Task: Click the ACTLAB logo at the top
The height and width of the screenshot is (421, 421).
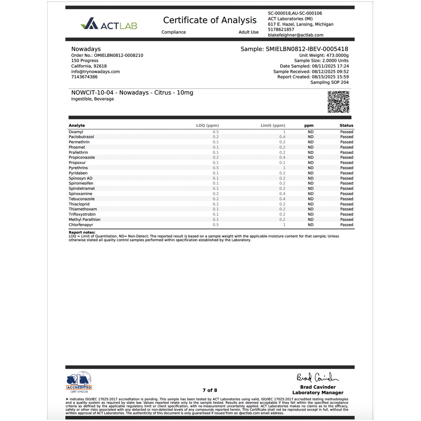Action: point(109,24)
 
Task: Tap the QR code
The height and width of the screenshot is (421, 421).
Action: point(338,102)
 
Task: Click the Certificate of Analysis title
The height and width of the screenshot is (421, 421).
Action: point(210,20)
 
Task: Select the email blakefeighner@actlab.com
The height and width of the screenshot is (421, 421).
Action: point(295,35)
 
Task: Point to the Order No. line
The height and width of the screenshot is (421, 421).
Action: point(107,55)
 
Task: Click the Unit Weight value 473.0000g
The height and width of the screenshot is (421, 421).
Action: point(337,55)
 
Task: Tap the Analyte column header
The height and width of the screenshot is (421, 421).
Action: point(77,126)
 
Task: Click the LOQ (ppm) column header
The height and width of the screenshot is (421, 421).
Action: point(207,126)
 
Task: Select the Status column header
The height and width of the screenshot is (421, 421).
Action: point(346,126)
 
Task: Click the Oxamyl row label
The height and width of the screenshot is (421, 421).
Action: point(76,132)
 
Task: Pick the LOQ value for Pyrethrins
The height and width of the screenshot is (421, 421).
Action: point(216,168)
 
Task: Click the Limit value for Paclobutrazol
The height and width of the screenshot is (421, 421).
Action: point(282,137)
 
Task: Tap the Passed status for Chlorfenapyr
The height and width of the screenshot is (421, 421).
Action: point(346,225)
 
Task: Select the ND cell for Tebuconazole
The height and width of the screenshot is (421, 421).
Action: point(311,199)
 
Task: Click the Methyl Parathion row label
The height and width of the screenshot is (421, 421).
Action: point(84,220)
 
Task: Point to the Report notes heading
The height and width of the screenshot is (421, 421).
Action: point(82,232)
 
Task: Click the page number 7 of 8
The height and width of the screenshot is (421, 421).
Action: point(210,390)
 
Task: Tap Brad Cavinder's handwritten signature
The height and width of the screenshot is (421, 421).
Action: point(317,378)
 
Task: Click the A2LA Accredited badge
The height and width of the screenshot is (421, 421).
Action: point(79,382)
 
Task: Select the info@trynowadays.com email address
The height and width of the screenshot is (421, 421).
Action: point(96,72)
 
